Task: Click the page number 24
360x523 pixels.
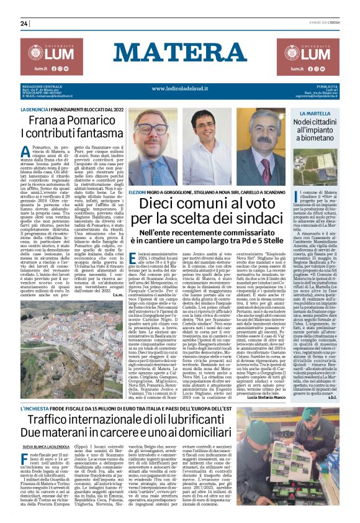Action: click(24, 24)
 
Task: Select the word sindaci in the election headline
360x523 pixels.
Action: click(251, 218)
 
